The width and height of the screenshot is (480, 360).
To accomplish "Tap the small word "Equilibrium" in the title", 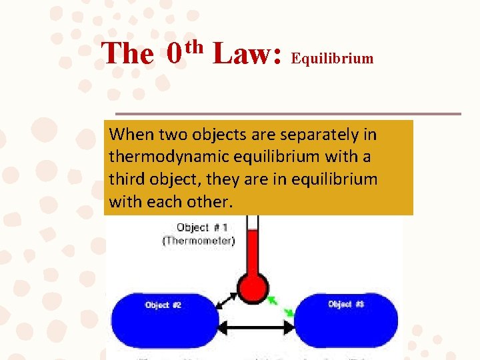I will click(x=333, y=59).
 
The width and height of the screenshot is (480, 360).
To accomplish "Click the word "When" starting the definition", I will click(x=131, y=135).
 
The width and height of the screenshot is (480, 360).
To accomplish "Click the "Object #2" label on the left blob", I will click(x=163, y=305).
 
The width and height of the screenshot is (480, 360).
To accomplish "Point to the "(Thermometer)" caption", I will click(x=198, y=241).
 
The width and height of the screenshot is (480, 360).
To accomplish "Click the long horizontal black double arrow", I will click(x=257, y=327).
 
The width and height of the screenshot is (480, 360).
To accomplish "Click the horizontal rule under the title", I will click(x=287, y=113).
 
